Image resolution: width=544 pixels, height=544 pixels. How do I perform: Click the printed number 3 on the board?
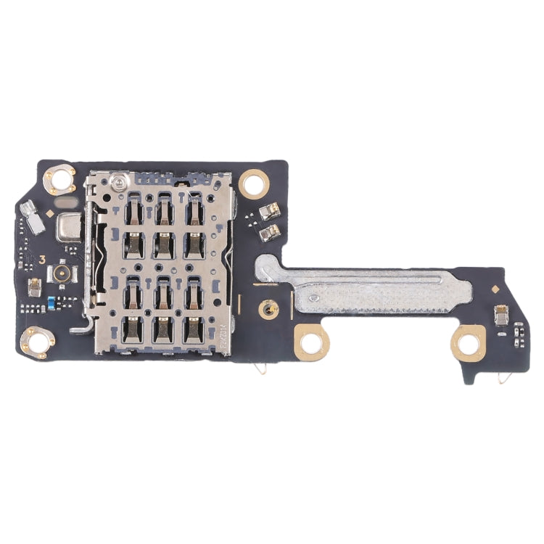(x=43, y=259)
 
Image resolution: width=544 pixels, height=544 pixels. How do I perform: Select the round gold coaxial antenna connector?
(x=58, y=275)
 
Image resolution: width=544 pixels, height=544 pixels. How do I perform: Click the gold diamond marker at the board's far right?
(x=495, y=289)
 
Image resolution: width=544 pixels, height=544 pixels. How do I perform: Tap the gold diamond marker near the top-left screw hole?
(x=48, y=214)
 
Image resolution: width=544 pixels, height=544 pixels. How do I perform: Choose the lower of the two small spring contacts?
(x=271, y=231)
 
